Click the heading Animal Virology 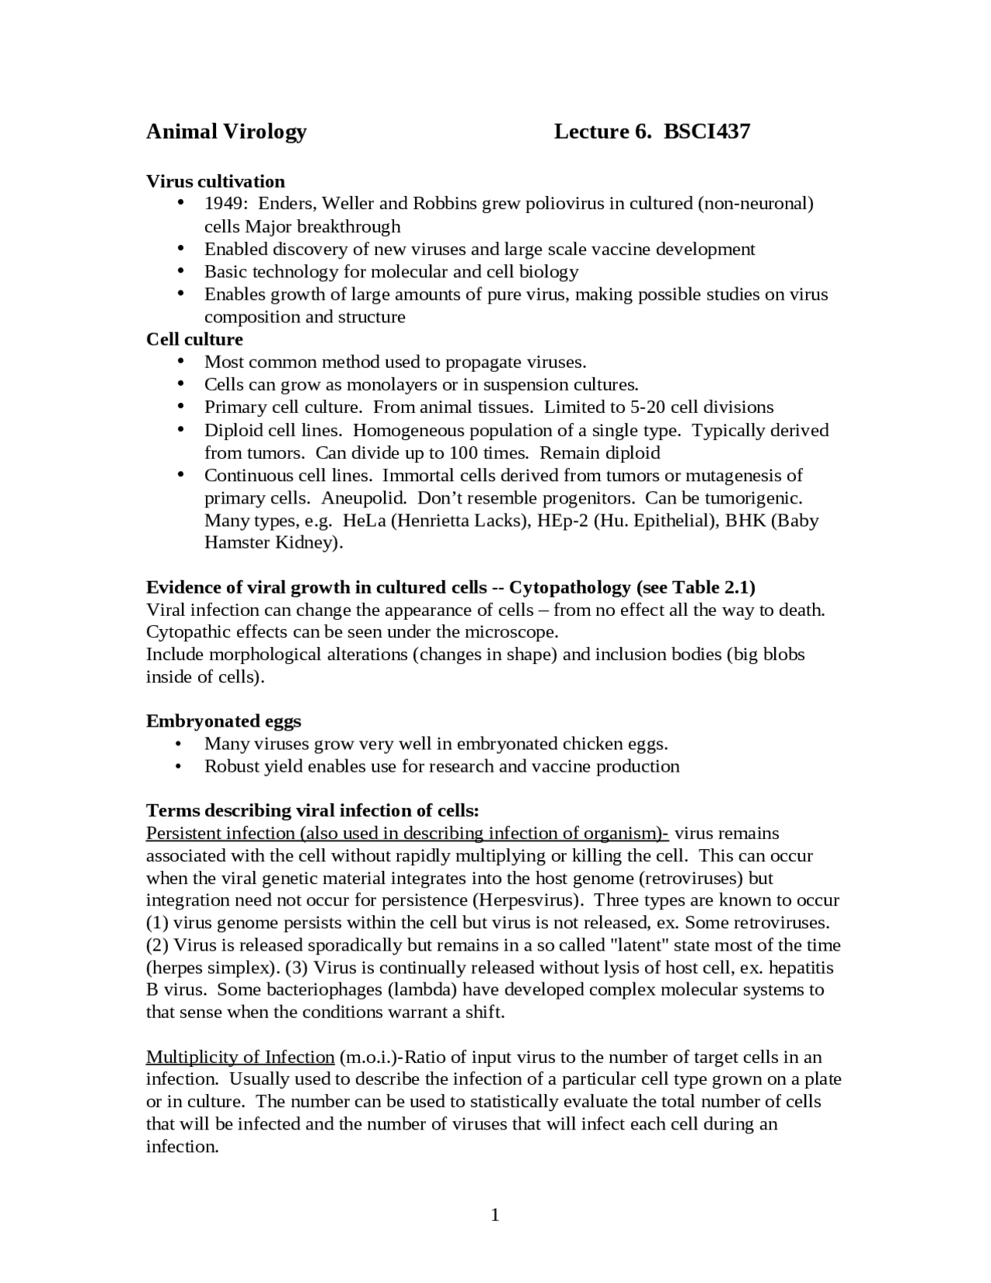click(x=226, y=132)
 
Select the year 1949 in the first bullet click(x=223, y=204)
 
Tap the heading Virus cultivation click(x=215, y=181)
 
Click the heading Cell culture click(x=194, y=339)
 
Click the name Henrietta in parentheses click(x=433, y=521)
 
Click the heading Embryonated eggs click(x=224, y=721)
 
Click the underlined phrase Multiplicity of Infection click(x=240, y=1058)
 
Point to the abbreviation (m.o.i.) click(x=369, y=1058)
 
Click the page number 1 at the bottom click(x=495, y=1215)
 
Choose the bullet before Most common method click(x=180, y=362)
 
